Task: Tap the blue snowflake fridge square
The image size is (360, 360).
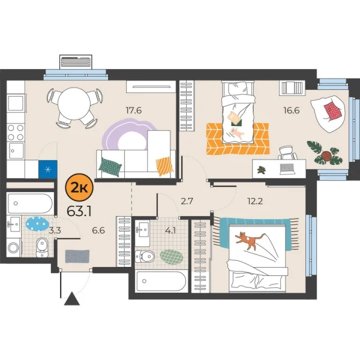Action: coord(47,169)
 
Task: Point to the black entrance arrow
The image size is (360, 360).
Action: coord(71,299)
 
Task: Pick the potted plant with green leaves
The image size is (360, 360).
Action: coord(320,151)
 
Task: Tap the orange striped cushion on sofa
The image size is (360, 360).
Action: coord(163,164)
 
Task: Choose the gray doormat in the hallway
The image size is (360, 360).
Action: coord(76,255)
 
